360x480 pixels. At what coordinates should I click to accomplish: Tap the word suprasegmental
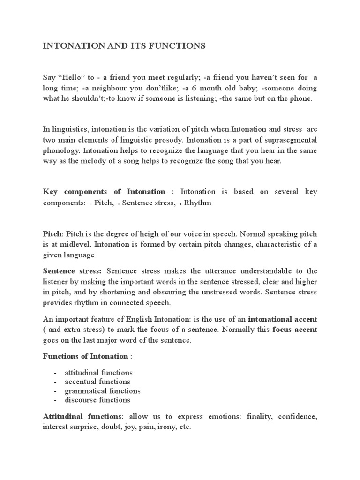point(291,140)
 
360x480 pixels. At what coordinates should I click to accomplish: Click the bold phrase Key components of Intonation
point(104,192)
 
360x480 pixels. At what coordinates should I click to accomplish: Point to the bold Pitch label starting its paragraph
point(52,233)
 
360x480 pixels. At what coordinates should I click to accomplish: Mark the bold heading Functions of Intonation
point(85,356)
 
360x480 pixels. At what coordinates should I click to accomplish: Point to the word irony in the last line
point(168,427)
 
